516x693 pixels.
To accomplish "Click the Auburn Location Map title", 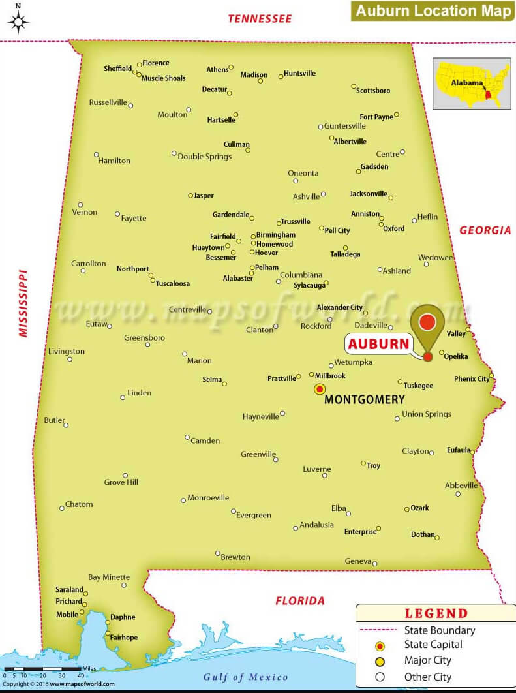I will tap(433, 10).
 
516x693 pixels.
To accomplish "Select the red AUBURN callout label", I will tap(378, 344).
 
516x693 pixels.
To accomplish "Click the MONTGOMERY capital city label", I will tap(364, 399).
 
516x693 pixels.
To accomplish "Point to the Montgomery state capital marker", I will tap(320, 389).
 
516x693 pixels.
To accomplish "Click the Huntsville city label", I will tap(299, 73).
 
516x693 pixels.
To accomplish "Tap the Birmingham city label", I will tap(275, 235).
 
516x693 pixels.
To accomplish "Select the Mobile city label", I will tap(67, 614).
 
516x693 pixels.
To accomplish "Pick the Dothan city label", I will tap(423, 534).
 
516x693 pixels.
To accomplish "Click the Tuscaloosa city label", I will tap(172, 284).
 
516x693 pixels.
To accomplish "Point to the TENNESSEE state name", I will tap(260, 19).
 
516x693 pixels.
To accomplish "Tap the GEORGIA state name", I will tap(485, 230).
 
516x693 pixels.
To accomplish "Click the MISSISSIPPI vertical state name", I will tap(23, 303).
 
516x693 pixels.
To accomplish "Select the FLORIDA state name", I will tap(299, 600).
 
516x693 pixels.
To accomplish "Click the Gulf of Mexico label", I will tap(245, 676).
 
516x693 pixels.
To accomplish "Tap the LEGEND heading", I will tap(436, 613).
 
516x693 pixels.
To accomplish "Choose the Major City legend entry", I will tap(427, 660).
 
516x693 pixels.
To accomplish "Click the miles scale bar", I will tap(42, 669).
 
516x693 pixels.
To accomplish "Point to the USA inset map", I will tap(472, 84).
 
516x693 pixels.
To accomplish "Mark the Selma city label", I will tap(212, 379).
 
